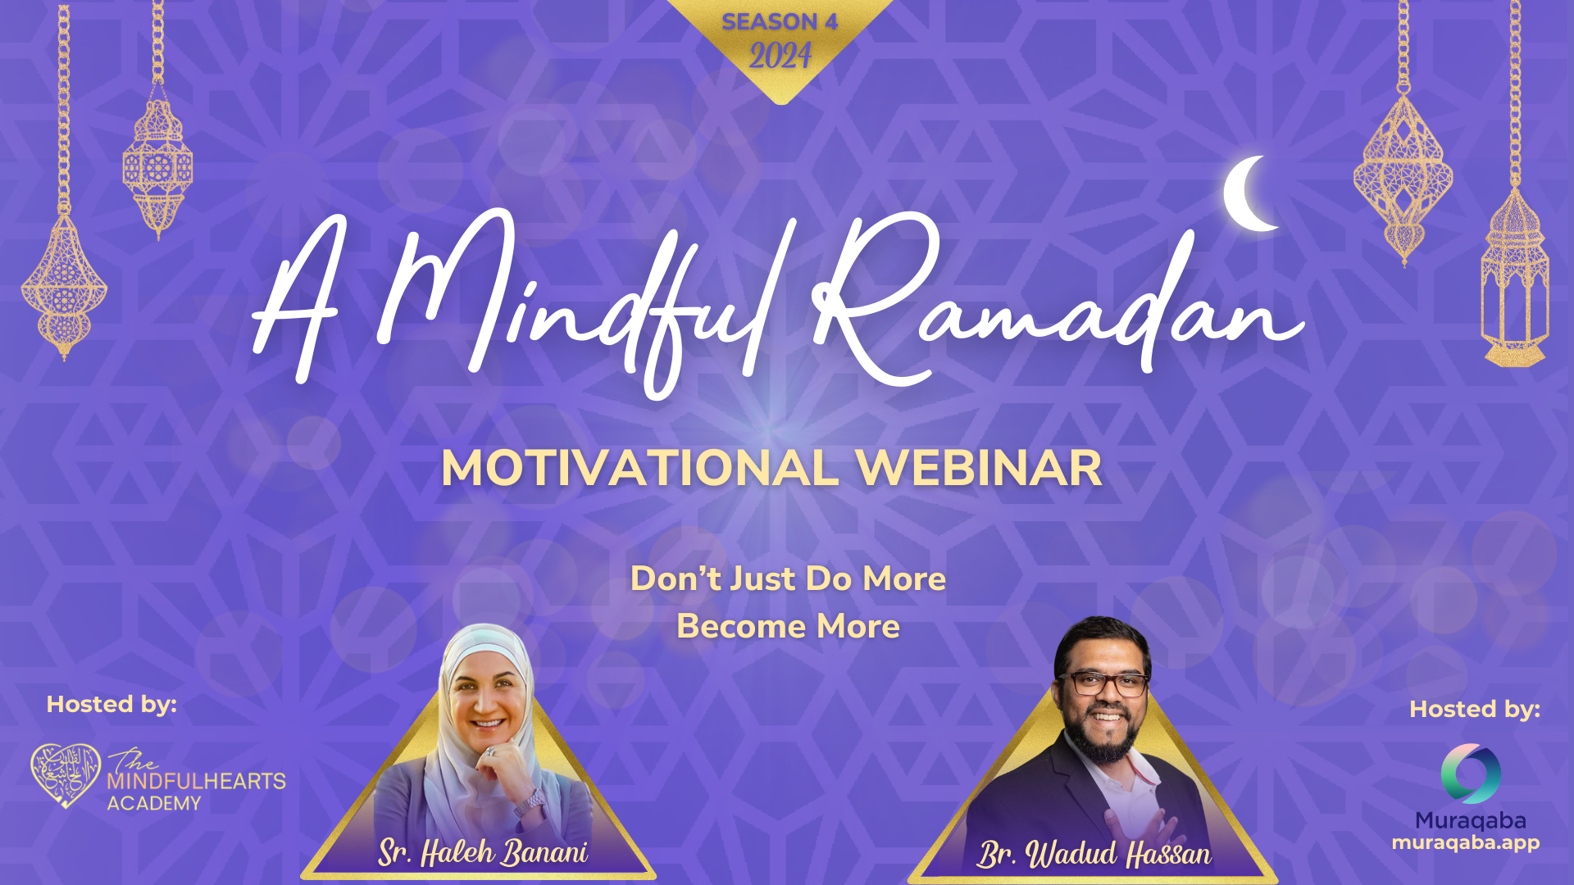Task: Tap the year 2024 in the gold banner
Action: (x=780, y=56)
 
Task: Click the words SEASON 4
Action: (x=780, y=21)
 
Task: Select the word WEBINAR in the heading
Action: (x=979, y=468)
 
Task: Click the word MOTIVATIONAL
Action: (x=639, y=468)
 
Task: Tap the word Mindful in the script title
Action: (x=574, y=303)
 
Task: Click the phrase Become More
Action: (x=788, y=626)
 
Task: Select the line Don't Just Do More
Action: (x=788, y=579)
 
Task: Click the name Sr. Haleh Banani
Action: (x=483, y=852)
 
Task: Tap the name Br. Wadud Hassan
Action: (x=1094, y=854)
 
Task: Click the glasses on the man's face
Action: (x=1103, y=683)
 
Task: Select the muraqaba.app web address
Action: (x=1466, y=842)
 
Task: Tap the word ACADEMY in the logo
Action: (x=154, y=803)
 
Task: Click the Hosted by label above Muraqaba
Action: (x=1475, y=709)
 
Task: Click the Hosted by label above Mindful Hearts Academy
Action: (x=111, y=704)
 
